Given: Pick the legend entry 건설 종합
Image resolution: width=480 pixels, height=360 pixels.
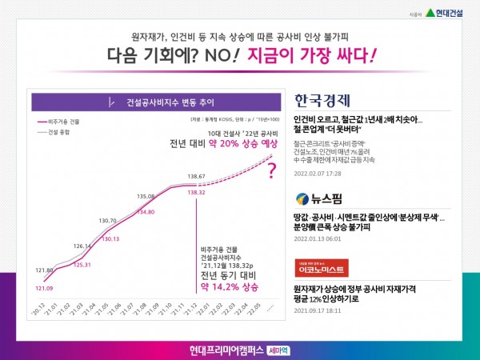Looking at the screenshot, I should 61,133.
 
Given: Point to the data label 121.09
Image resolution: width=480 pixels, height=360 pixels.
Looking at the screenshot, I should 44,288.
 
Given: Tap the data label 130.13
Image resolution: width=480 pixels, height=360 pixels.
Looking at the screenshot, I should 110,239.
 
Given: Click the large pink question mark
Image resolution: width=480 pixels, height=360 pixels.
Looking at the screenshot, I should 272,170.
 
